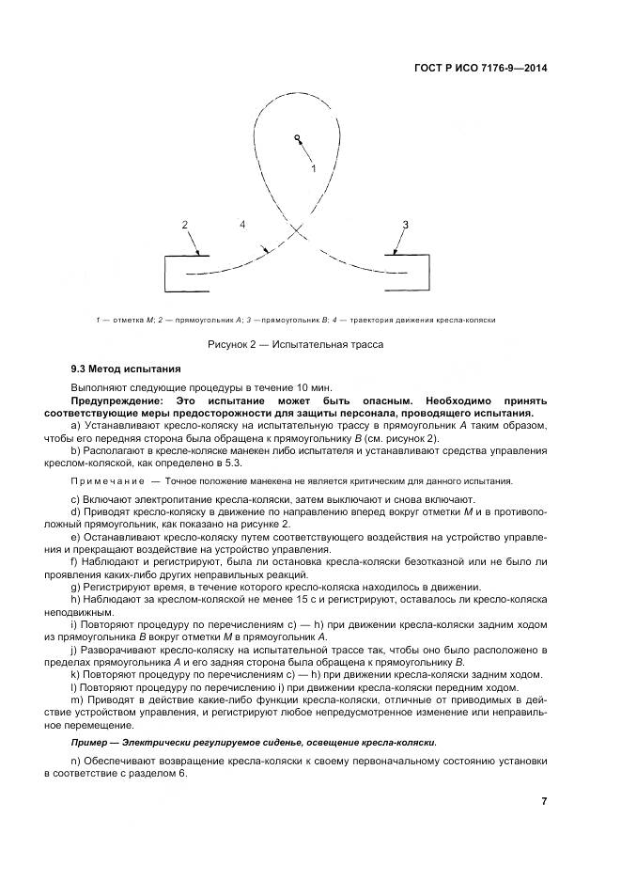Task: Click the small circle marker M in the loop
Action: (296, 139)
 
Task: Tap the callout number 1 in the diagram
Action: (314, 167)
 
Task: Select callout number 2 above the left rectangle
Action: (185, 225)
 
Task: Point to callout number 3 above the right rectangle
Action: (405, 225)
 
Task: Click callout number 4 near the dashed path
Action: (242, 225)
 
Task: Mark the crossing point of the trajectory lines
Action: (298, 228)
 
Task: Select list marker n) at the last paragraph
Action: (75, 760)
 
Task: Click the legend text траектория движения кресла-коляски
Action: (441, 320)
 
